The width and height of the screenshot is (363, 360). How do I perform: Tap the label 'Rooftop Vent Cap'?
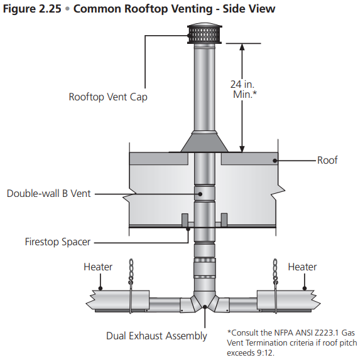pyautogui.click(x=108, y=97)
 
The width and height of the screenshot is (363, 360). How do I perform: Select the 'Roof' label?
pyautogui.click(x=327, y=161)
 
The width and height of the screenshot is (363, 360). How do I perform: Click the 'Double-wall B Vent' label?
pyautogui.click(x=48, y=194)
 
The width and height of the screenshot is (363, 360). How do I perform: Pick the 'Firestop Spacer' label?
pyautogui.click(x=58, y=241)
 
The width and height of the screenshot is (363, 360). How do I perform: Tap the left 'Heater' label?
pyautogui.click(x=98, y=267)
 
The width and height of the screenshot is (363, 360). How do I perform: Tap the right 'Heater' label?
pyautogui.click(x=302, y=267)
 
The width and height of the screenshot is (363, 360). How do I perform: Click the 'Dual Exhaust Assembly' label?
pyautogui.click(x=156, y=336)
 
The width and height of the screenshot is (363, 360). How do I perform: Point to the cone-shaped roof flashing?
pyautogui.click(x=202, y=142)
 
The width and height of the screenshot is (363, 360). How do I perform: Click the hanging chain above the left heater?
pyautogui.click(x=131, y=272)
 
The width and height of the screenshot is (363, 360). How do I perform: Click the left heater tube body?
pyautogui.click(x=113, y=299)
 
